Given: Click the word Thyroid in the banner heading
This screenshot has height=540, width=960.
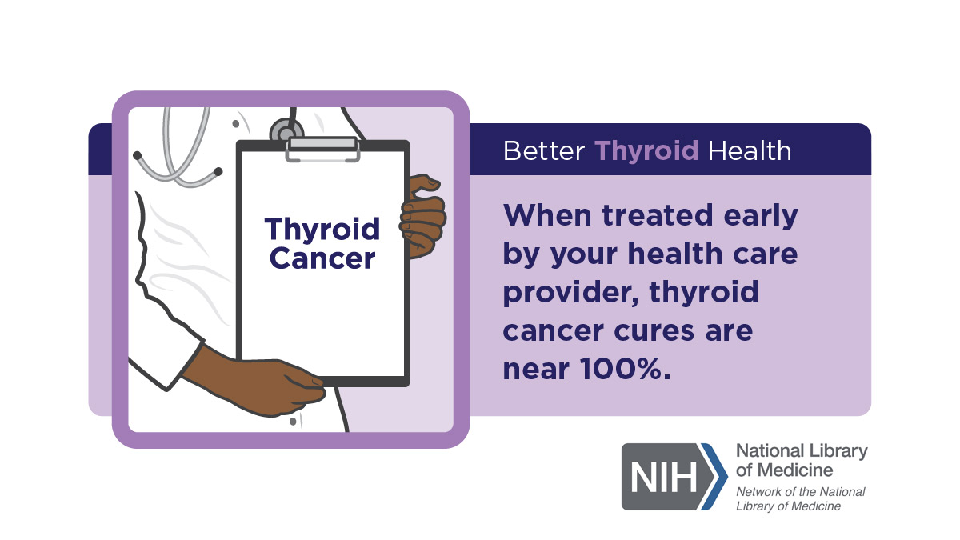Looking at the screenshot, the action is pos(646,152).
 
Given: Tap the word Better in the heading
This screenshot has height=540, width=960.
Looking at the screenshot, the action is pos(544,151).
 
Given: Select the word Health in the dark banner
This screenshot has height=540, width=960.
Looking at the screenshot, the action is pos(750,151).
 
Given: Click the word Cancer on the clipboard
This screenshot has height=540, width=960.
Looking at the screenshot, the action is pos(322,258).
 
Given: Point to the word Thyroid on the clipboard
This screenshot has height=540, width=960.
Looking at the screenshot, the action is pos(322,230).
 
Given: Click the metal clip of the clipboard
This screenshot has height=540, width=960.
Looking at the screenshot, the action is pos(322,149).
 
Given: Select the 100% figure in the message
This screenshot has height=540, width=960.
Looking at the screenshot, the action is pos(625,370).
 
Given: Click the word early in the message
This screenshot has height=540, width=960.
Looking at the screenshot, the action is pos(761,217).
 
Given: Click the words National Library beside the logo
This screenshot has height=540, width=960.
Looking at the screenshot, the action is pos(802,452).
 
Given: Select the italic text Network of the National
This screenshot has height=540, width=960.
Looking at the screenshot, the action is pos(801,491).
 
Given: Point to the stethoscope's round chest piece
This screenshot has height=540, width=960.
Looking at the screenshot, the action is pos(286,130).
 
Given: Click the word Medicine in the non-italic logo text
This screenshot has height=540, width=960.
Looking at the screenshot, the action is pos(795,470).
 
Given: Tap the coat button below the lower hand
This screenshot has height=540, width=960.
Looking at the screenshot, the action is pos(293,422).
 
